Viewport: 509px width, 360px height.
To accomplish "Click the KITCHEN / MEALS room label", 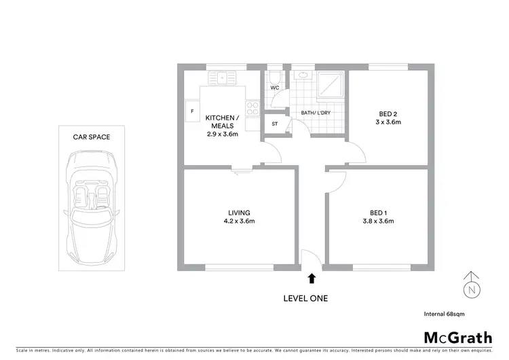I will pos(222,122).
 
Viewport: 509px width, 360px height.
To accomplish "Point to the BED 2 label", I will pos(389,114).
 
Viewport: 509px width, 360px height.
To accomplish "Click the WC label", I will pos(275,88).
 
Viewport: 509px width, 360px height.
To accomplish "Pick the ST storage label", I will pos(275,124).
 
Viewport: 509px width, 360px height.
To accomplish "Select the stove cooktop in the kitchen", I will pos(252,108).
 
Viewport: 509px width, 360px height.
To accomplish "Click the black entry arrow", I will pos(312,278).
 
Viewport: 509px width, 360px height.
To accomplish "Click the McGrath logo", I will pos(457,338).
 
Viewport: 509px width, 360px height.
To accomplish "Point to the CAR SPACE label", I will pos(92,137).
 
